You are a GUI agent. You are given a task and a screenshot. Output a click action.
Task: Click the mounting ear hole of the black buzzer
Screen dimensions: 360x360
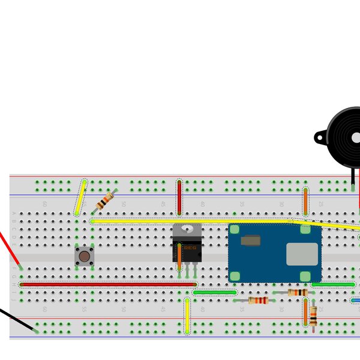(319, 138)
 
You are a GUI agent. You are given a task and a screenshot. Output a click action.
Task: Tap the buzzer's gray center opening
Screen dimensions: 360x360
(356, 138)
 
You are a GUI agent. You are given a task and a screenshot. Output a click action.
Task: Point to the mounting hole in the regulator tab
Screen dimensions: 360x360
(187, 230)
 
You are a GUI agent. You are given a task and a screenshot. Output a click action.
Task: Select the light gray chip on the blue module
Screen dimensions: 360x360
(302, 254)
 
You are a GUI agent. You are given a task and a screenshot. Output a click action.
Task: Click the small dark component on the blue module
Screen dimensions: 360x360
(250, 241)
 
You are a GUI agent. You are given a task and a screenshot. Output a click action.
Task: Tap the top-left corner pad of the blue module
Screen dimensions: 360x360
(235, 229)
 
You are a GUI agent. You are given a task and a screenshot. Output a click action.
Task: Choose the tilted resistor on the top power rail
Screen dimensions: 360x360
(106, 200)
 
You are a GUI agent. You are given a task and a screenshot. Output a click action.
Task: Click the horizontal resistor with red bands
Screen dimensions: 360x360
(259, 300)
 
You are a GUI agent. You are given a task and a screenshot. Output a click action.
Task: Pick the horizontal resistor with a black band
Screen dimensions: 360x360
(297, 292)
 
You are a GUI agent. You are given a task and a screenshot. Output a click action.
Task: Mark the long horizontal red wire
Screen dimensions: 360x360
(108, 284)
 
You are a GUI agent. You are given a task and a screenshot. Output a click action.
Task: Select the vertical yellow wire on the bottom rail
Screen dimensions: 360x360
(187, 316)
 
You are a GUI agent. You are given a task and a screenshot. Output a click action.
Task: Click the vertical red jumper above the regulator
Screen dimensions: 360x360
(179, 197)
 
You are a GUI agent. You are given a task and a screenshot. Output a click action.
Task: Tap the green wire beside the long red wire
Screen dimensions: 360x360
(214, 292)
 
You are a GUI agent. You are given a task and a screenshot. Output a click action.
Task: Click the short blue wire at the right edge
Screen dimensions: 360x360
(356, 300)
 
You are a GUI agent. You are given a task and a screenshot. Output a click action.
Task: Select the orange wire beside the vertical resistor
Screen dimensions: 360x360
(305, 312)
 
